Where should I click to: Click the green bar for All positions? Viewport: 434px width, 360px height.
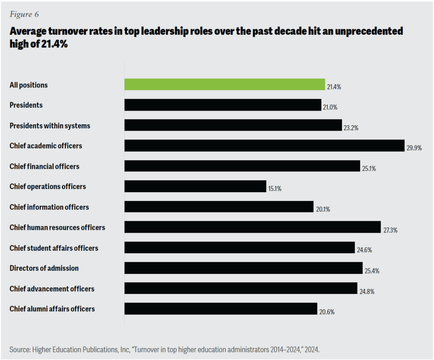tap(225, 84)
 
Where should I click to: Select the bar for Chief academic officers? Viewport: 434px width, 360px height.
tap(264, 145)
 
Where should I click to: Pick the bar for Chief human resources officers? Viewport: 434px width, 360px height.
tap(253, 227)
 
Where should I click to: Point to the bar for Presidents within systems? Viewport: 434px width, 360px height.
tap(233, 125)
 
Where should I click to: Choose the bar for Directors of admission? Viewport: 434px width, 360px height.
tap(243, 268)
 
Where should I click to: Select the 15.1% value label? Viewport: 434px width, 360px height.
tap(274, 189)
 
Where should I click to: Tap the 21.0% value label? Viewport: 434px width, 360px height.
tap(330, 107)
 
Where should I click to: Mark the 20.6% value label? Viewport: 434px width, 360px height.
tap(327, 312)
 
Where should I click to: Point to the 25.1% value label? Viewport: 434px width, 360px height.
tap(368, 168)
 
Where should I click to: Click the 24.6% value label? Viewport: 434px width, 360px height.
tap(364, 250)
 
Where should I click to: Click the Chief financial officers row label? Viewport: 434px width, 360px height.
tap(45, 166)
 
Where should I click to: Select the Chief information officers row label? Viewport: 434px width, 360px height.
tap(49, 207)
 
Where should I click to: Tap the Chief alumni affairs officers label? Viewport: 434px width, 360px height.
tap(52, 309)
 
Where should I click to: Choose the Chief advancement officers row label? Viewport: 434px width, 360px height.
tap(52, 288)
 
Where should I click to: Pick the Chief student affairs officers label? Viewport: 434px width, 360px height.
tap(54, 248)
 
